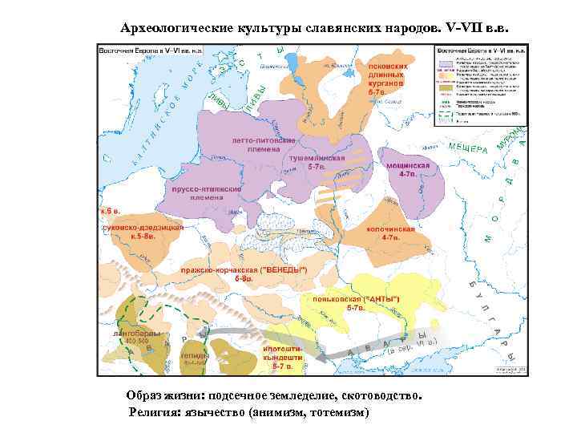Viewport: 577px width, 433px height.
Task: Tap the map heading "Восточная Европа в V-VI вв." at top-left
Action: [x=151, y=50]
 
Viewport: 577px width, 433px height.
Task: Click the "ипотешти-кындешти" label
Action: [x=281, y=354]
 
